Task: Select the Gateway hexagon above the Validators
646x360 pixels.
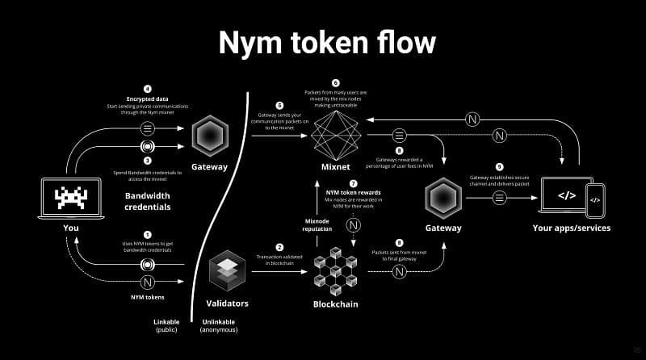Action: (x=210, y=135)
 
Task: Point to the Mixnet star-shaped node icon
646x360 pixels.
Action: (x=334, y=135)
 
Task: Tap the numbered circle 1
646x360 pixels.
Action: (x=147, y=234)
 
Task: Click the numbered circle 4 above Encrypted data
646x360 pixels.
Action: (x=147, y=88)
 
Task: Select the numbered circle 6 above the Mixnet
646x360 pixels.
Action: (x=334, y=82)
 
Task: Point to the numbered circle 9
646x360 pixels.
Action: (x=499, y=166)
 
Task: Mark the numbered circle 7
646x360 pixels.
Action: (x=353, y=183)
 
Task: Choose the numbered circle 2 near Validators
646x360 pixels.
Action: (x=279, y=247)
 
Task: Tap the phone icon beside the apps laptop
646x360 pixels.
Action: (x=595, y=200)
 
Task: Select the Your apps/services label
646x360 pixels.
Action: (x=571, y=228)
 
